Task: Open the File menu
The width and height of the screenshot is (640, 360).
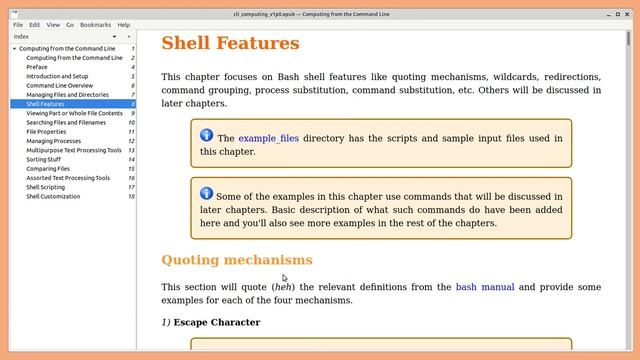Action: [18, 24]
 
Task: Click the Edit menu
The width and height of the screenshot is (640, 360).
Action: [35, 24]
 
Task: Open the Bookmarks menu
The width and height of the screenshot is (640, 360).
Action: [96, 24]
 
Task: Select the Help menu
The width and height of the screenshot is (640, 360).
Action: [124, 24]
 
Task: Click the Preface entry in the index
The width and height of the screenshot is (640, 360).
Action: [37, 67]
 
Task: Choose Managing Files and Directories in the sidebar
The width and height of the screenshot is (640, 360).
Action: [68, 94]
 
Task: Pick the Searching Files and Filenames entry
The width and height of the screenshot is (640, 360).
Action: [67, 122]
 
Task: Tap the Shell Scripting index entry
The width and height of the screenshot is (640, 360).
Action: [46, 187]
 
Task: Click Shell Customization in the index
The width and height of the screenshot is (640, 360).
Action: [53, 196]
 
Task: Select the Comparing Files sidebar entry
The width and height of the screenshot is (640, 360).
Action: [49, 169]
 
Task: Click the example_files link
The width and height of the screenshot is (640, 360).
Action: [268, 138]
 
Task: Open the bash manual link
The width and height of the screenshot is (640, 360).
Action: [485, 287]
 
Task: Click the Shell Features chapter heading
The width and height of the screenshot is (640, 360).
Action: [230, 44]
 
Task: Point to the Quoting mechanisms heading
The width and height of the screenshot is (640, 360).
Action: [237, 260]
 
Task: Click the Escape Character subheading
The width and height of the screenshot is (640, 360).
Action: [216, 322]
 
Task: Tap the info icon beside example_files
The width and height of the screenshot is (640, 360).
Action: [206, 135]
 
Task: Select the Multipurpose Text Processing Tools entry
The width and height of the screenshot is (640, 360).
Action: [74, 150]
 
